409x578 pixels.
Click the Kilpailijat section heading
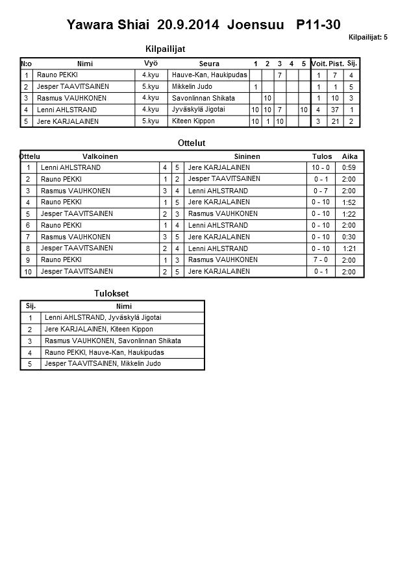[169, 49]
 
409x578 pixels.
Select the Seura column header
[209, 64]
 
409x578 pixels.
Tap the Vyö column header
[151, 64]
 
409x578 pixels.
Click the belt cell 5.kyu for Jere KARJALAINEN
[151, 121]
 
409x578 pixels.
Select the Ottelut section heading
[191, 143]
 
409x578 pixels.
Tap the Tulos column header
[322, 156]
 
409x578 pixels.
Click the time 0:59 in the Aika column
[349, 168]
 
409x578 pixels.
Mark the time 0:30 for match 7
[349, 237]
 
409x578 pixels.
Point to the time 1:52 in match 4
[349, 202]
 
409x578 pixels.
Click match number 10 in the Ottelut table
[29, 272]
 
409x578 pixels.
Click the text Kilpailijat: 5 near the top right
[367, 38]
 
